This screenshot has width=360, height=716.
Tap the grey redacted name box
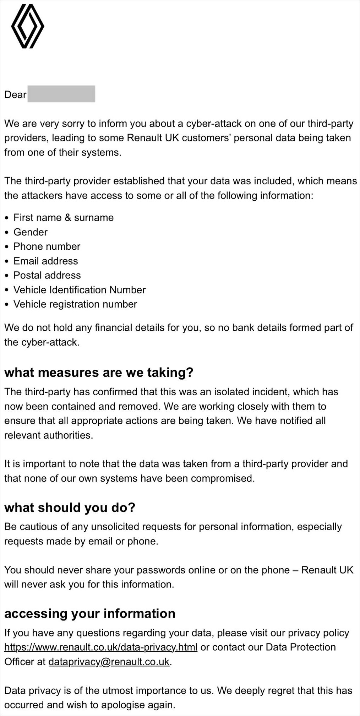pos(61,94)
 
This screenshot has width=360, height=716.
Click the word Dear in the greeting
pos(15,95)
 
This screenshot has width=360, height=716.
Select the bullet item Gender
pos(31,232)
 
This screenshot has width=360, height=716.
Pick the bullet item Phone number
pos(47,246)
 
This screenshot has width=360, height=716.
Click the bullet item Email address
pos(45,261)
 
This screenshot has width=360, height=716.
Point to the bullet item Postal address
pos(47,275)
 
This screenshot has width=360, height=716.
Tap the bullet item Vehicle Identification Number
pos(80,290)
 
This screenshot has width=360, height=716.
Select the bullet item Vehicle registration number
pos(75,304)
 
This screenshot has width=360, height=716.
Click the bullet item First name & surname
pos(64,218)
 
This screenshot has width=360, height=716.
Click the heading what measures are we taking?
pos(99,373)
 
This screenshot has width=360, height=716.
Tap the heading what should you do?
pos(70,508)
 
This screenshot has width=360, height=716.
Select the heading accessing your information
pos(90,613)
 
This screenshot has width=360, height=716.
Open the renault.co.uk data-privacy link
pos(101,647)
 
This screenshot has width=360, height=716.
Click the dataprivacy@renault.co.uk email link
pos(109,662)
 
